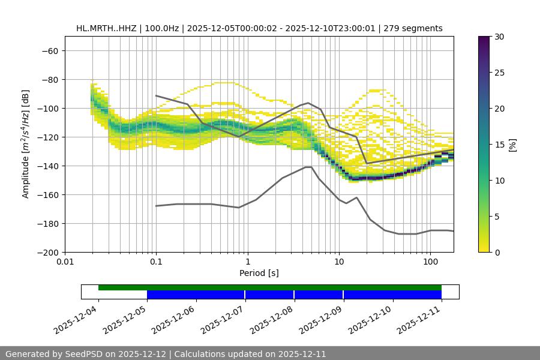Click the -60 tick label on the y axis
pos(49,50)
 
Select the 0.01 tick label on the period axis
pos(65,262)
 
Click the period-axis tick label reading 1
pos(247,262)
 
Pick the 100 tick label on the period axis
pos(430,262)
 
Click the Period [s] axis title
pos(259,273)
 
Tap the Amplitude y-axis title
pos(26,144)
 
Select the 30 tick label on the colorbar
pos(499,37)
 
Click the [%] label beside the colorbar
pos(512,145)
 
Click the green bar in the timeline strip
pos(270,287)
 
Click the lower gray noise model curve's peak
pos(308,167)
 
